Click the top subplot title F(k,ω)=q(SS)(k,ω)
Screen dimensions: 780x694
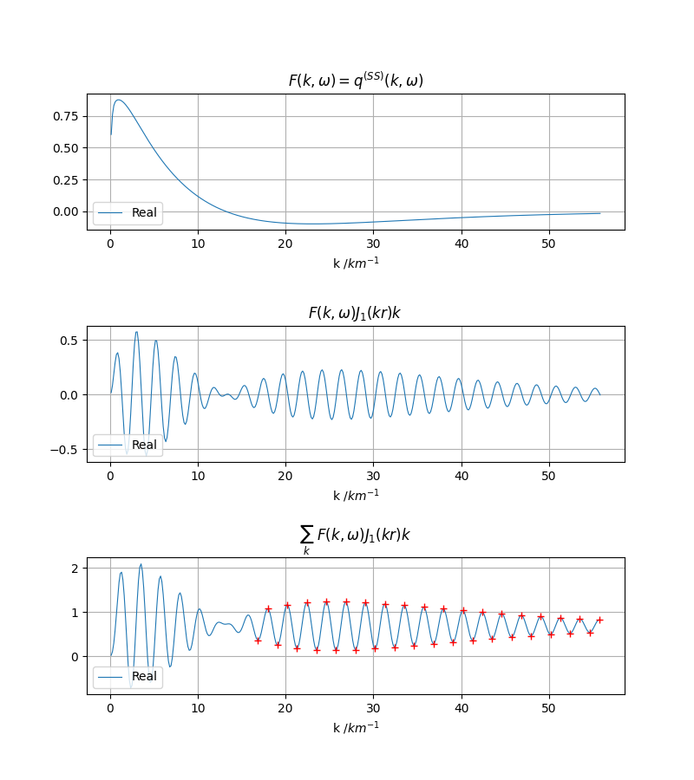(356, 81)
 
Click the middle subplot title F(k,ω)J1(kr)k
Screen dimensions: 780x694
(355, 313)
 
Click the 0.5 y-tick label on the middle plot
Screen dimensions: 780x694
(69, 340)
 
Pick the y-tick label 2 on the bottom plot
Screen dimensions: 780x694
(75, 568)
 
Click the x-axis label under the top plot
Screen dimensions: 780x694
(356, 263)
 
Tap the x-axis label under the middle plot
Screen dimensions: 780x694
(356, 495)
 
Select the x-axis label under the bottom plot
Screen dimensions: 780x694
(356, 727)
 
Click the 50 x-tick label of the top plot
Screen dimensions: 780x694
(549, 244)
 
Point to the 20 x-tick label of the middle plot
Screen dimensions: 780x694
(285, 476)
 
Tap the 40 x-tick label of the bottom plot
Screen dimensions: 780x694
(462, 708)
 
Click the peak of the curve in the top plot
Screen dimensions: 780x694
(119, 100)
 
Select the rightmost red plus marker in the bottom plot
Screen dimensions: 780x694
(599, 620)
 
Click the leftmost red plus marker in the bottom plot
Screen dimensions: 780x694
(258, 640)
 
